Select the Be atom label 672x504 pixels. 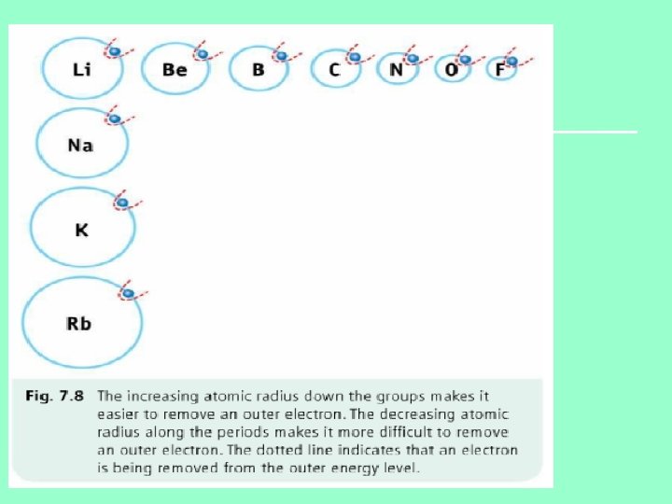point(175,69)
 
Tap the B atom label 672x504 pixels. point(257,69)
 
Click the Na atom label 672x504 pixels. point(80,146)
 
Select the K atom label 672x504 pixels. point(81,229)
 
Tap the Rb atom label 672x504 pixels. point(79,324)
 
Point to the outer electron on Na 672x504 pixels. point(115,119)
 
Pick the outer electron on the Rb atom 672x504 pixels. point(129,294)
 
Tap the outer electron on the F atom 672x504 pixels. point(511,61)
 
